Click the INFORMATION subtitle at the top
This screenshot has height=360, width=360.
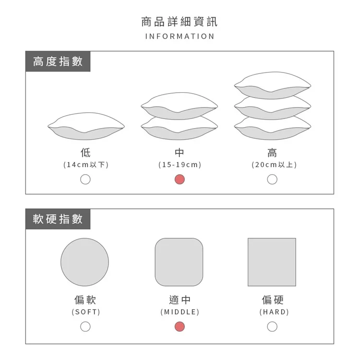[180, 36]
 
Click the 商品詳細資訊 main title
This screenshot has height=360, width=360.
[180, 22]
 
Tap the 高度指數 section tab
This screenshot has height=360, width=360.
[58, 61]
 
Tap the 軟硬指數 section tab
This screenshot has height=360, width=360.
[58, 219]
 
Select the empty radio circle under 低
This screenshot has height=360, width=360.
[85, 180]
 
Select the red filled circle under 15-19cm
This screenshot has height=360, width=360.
[180, 180]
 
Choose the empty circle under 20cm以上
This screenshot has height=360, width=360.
[272, 180]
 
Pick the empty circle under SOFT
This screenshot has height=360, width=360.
[85, 326]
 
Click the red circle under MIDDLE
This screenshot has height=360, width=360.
[180, 326]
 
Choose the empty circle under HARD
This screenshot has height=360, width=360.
[272, 326]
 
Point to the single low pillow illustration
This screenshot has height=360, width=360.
[86, 126]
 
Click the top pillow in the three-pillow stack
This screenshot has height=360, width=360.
[273, 85]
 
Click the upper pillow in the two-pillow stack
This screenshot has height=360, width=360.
[180, 106]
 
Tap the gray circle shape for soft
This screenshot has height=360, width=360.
[84, 262]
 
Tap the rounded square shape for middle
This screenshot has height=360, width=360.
[179, 262]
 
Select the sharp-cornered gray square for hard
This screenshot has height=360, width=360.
[272, 262]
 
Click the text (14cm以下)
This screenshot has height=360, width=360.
[86, 165]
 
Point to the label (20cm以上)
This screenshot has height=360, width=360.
[274, 165]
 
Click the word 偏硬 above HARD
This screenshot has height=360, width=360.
[273, 300]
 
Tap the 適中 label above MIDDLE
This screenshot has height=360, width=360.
[180, 300]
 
